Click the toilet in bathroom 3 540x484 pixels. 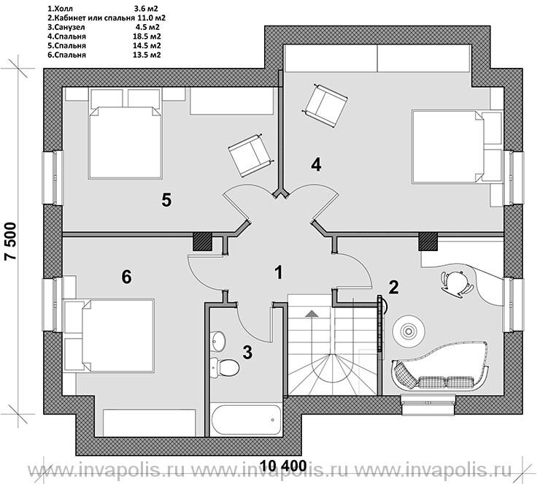pos(225,368)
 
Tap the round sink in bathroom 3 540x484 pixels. pos(217,341)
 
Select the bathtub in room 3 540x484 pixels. pos(246,420)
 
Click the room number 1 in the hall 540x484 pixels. pos(278,272)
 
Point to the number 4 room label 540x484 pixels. pos(316,164)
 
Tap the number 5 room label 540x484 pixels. pos(166,200)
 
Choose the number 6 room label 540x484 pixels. pos(126,277)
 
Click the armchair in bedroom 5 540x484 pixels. pos(251,155)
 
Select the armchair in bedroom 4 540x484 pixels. pos(325,104)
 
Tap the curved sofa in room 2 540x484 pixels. pos(440,367)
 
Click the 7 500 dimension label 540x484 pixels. pos(10,241)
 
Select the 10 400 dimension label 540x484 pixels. pos(283,466)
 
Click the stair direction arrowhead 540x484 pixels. pos(312,313)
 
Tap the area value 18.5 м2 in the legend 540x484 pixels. pos(147,37)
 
